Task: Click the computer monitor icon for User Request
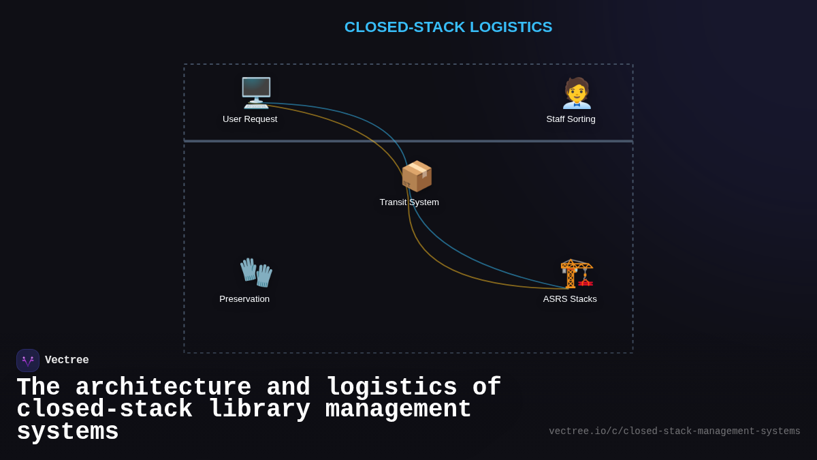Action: [256, 93]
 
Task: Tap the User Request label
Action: [250, 119]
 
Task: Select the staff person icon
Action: [577, 93]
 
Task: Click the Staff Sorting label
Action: [571, 119]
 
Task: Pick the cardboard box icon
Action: [416, 176]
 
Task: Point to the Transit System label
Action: [409, 202]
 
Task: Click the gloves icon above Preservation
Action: [256, 273]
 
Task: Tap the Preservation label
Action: [244, 299]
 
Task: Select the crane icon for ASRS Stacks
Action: [577, 273]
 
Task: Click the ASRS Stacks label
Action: [570, 299]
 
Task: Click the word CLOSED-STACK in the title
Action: [404, 27]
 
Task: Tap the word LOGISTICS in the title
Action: [511, 27]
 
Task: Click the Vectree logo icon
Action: [28, 361]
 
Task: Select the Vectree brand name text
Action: [67, 361]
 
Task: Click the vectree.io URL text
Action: [674, 431]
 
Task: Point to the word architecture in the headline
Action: [163, 388]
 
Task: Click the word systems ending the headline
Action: [67, 432]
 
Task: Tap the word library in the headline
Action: [259, 410]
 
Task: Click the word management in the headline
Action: [398, 410]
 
